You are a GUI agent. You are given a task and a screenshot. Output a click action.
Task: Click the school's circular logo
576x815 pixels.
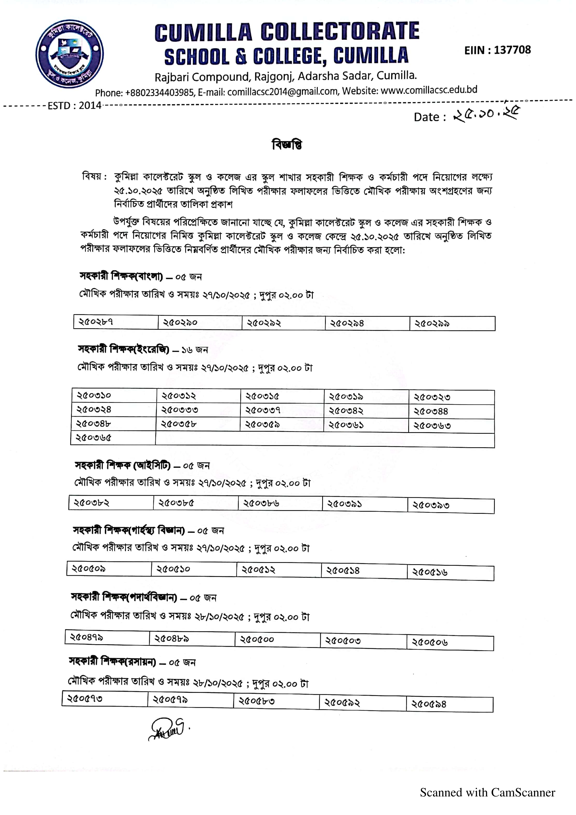pos(69,54)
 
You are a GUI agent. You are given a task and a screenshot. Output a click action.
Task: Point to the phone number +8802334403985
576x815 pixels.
pos(159,93)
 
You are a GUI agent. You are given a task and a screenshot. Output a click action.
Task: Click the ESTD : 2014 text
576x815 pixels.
pos(75,105)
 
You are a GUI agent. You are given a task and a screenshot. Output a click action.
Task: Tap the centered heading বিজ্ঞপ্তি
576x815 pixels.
pos(287,144)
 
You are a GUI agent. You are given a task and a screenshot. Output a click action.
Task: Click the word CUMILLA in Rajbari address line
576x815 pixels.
pos(396,75)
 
